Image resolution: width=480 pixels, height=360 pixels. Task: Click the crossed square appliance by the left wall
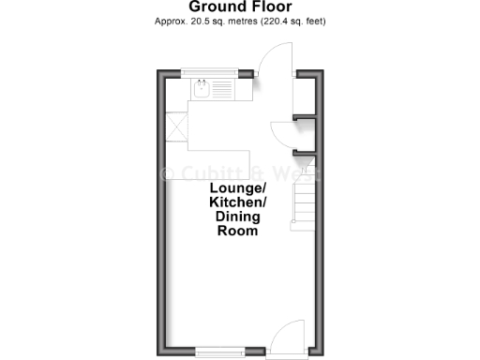tap(176, 126)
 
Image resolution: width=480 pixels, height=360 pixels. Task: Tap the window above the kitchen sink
tap(210, 73)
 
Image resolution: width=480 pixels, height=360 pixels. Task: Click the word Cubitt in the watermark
tap(208, 174)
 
